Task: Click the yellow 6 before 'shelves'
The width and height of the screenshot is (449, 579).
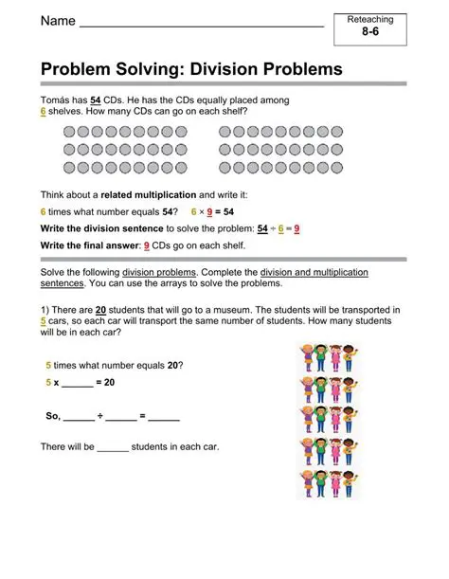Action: (x=44, y=111)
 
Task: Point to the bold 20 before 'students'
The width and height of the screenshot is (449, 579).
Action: (x=101, y=309)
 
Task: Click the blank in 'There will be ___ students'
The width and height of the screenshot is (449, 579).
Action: (x=113, y=446)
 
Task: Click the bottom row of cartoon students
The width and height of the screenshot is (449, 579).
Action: (x=328, y=482)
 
